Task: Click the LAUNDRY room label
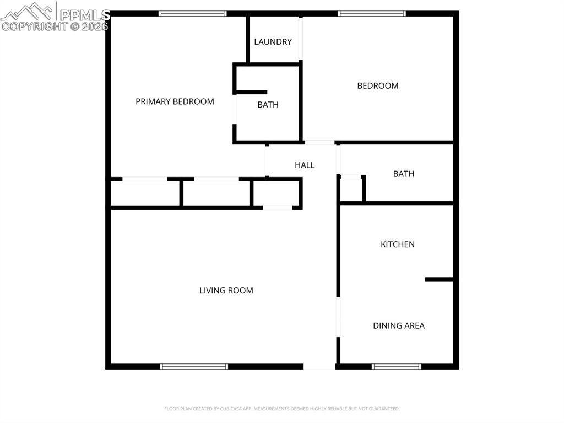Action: tap(273, 42)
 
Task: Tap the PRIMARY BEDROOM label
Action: tap(175, 101)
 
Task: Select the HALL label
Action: tap(305, 165)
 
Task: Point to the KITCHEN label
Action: tap(398, 244)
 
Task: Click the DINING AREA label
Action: tap(399, 325)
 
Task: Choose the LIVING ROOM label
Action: tap(226, 291)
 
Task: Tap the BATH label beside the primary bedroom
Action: tap(268, 105)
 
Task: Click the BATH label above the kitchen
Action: tap(404, 174)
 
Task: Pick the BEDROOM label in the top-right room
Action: tap(378, 85)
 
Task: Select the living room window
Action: tap(194, 366)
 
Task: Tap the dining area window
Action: tap(397, 366)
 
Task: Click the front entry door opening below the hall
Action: tap(319, 366)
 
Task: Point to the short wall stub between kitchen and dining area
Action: tap(439, 280)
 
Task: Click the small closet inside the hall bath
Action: tap(351, 190)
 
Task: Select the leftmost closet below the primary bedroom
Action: tap(145, 193)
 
